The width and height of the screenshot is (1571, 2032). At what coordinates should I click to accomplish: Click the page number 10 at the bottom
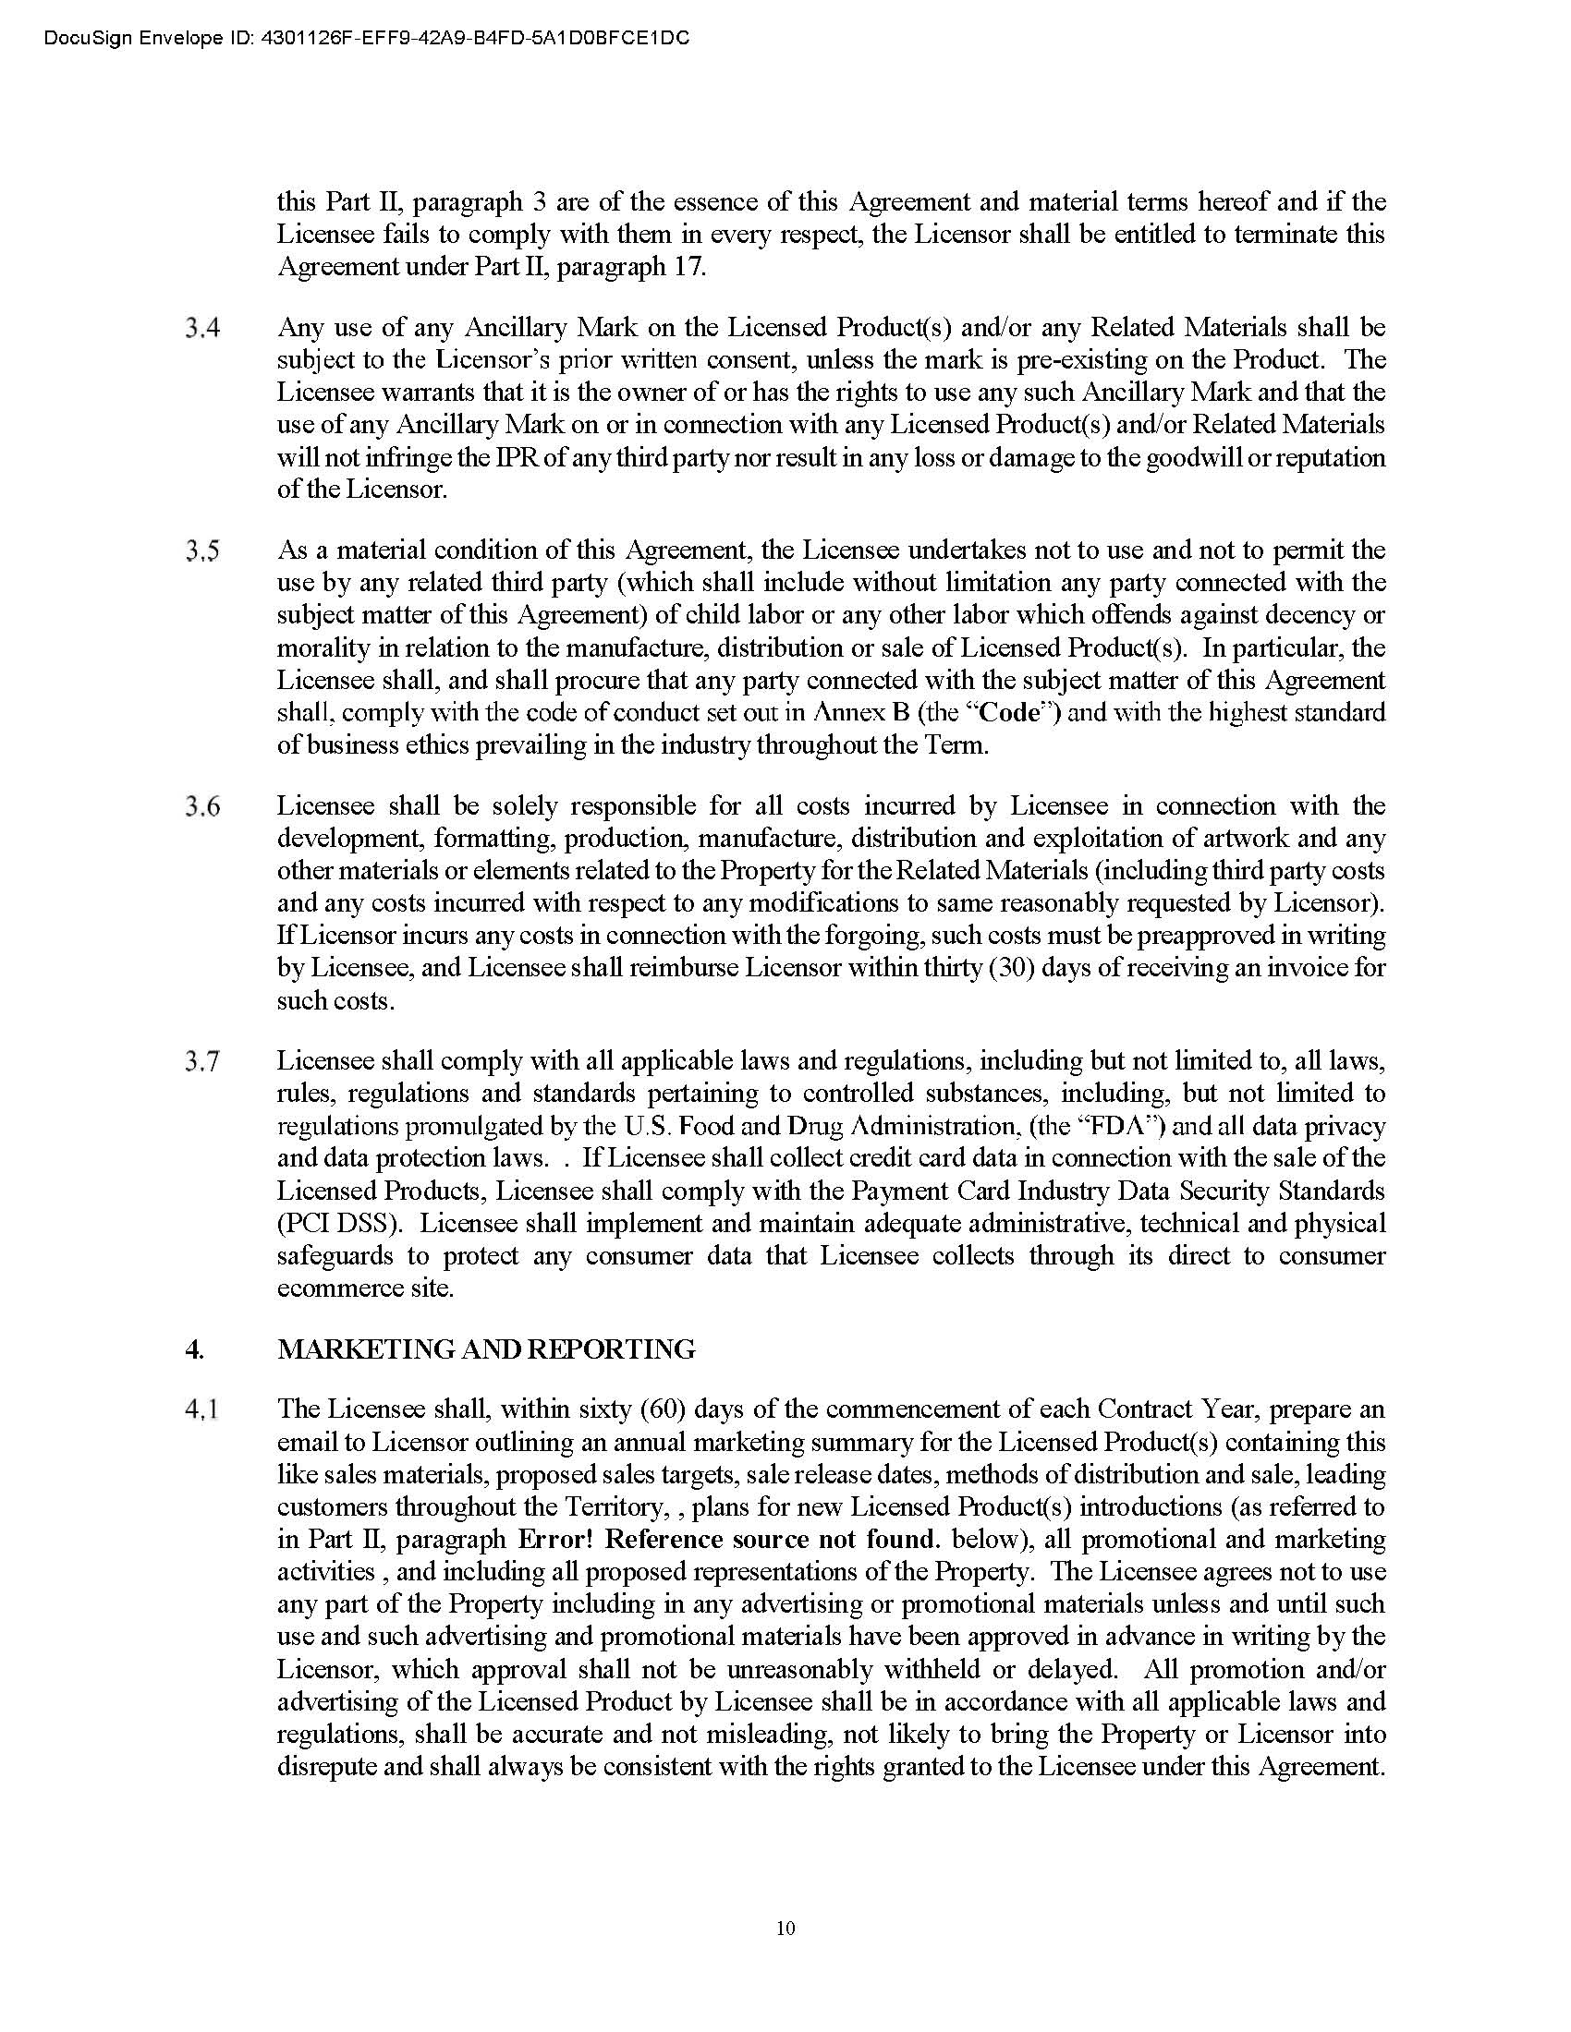coord(785,1928)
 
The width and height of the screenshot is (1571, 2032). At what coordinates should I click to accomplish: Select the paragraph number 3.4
coord(202,329)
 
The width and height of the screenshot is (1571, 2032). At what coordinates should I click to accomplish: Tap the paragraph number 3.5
coord(202,551)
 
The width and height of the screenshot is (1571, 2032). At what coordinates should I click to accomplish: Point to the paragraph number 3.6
coord(202,806)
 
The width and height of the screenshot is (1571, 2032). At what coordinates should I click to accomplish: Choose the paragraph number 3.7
coord(202,1061)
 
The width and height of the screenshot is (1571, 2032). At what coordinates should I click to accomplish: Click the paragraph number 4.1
coord(202,1410)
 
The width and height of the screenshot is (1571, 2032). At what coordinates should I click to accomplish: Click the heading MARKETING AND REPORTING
coord(486,1349)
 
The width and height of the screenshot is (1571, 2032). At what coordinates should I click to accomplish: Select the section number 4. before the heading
coord(194,1349)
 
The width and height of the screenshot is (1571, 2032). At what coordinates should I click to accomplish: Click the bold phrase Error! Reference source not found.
coord(727,1539)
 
